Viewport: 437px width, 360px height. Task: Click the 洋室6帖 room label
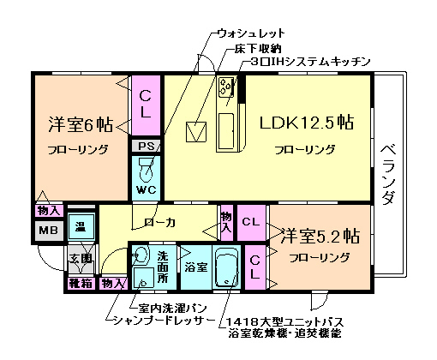[80, 124]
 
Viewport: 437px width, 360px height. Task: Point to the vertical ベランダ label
[387, 171]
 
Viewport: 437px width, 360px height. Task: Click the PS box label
[146, 147]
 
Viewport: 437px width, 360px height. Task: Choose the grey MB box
[47, 230]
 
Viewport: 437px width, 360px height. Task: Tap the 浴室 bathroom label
[195, 267]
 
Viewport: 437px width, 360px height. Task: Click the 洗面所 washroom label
[165, 260]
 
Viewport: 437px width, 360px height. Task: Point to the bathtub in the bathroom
[227, 268]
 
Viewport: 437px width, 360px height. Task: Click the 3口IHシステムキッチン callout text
[310, 62]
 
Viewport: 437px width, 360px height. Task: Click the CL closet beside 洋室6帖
[146, 103]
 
